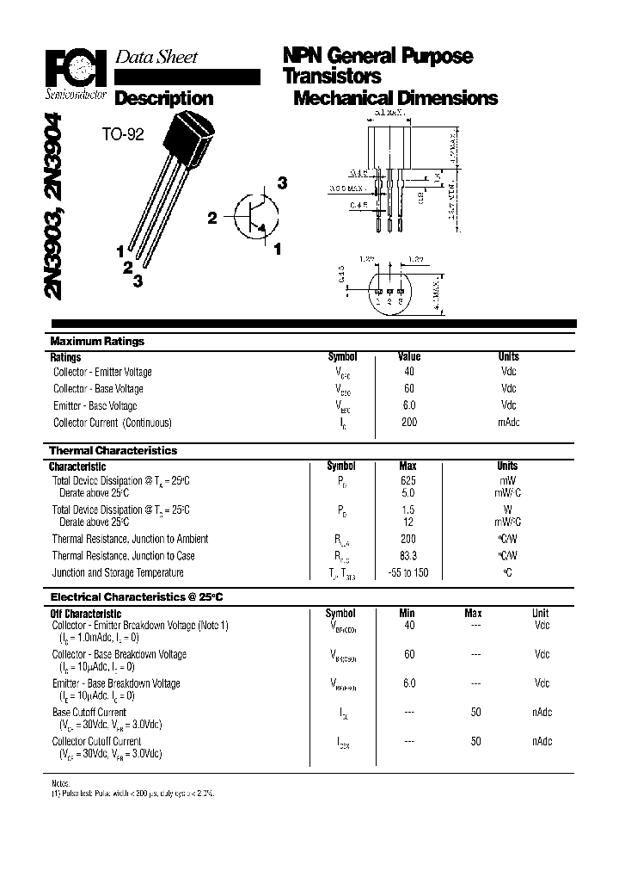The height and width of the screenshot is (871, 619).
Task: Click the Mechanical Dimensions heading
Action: click(x=395, y=98)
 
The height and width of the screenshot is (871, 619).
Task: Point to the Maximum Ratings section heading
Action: click(x=97, y=342)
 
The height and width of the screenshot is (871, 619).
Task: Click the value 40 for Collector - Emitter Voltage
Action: click(x=408, y=372)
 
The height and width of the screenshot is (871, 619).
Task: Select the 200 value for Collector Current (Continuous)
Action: click(x=408, y=423)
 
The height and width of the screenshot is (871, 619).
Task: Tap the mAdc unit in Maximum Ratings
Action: click(x=508, y=423)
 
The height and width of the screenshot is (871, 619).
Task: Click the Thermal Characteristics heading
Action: click(x=113, y=451)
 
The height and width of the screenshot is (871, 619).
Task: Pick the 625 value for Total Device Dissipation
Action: click(x=408, y=481)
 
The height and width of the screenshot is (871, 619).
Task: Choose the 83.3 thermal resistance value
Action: click(x=408, y=556)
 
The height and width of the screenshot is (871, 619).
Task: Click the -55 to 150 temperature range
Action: click(x=408, y=573)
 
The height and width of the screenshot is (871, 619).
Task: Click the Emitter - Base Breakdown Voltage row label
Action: click(x=116, y=683)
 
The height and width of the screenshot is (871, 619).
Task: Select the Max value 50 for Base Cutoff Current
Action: click(x=475, y=712)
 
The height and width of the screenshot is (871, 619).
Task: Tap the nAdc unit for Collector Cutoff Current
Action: click(x=542, y=741)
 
